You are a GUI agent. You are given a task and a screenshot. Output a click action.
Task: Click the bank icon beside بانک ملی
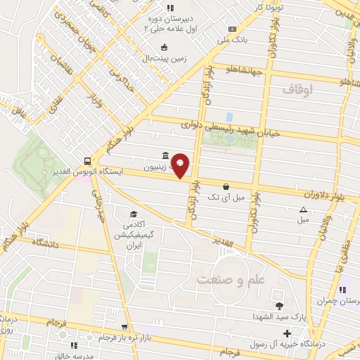click(233, 28)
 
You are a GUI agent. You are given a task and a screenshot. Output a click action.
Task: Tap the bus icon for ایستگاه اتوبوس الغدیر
click(86, 160)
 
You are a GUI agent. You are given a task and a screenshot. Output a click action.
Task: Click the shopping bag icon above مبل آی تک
click(225, 186)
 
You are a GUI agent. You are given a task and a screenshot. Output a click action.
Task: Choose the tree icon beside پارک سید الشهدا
click(280, 305)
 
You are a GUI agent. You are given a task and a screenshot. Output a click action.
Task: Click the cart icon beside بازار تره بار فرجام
click(125, 328)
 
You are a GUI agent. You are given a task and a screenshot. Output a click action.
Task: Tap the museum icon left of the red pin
click(165, 155)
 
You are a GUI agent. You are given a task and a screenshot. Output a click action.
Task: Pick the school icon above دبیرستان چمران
click(343, 290)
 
